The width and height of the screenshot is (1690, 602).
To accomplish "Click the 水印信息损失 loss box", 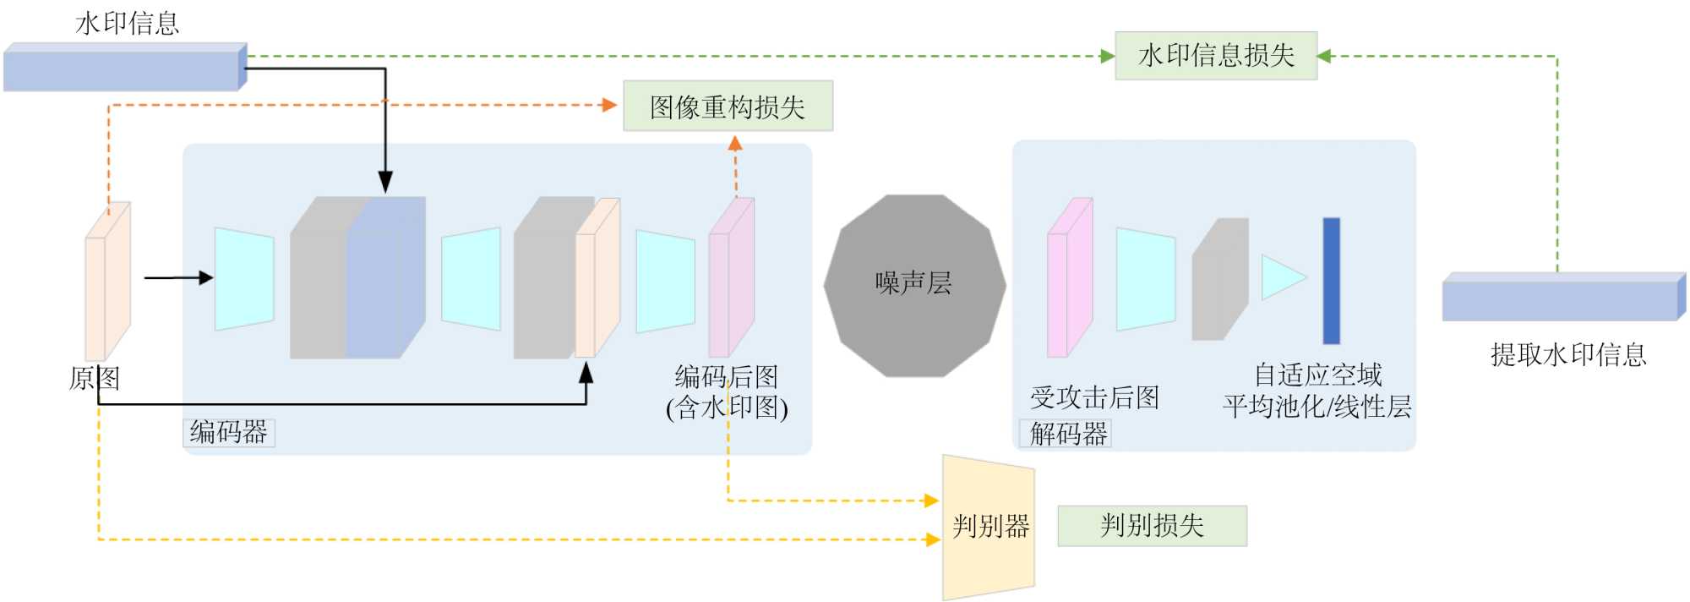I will click(1215, 56).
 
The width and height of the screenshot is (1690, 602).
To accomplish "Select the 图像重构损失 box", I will click(728, 107).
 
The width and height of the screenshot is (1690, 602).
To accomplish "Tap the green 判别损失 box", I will click(1152, 526).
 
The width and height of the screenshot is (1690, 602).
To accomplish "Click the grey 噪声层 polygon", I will click(914, 285).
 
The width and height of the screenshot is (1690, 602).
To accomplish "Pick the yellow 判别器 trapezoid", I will click(989, 528).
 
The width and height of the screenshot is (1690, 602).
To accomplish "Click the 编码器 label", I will click(228, 432).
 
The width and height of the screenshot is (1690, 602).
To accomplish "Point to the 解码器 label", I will click(1068, 434).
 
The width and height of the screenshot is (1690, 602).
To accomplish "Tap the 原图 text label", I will click(94, 378).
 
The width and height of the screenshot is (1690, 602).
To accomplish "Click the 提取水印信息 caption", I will click(1568, 354).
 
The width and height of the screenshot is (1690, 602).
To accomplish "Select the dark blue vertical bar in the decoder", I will click(1331, 281).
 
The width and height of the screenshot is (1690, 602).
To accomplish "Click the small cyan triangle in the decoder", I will click(1281, 277).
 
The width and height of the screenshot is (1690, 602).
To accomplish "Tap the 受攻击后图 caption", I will click(1094, 397).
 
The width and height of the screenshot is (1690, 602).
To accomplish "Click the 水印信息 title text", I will click(128, 23).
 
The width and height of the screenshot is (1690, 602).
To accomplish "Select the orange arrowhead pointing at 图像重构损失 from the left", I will click(609, 105).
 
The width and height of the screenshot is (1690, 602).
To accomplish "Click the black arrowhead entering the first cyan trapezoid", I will click(205, 277).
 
